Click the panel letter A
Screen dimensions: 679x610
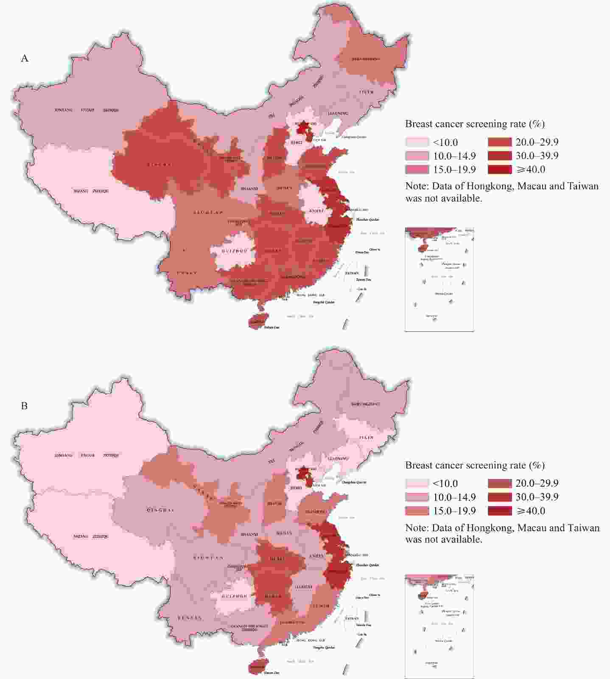click(x=25, y=59)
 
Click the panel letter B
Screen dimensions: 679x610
click(x=24, y=406)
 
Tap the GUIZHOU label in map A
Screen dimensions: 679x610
click(x=235, y=251)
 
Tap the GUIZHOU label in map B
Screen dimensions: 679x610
click(x=235, y=596)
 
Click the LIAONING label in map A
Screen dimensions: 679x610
click(x=338, y=113)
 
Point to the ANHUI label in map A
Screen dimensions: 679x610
click(x=316, y=210)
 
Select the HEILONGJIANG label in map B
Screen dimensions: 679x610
click(x=365, y=404)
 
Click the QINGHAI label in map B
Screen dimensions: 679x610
click(x=160, y=510)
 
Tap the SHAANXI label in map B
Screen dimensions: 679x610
click(x=249, y=534)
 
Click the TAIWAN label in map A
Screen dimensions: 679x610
click(x=352, y=273)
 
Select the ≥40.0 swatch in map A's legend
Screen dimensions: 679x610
click(x=500, y=169)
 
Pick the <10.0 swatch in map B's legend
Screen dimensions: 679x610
click(x=417, y=483)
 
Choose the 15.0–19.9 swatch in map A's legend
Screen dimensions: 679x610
click(x=417, y=169)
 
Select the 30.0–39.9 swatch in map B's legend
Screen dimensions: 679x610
click(x=500, y=497)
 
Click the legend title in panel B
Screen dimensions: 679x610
click(x=475, y=465)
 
